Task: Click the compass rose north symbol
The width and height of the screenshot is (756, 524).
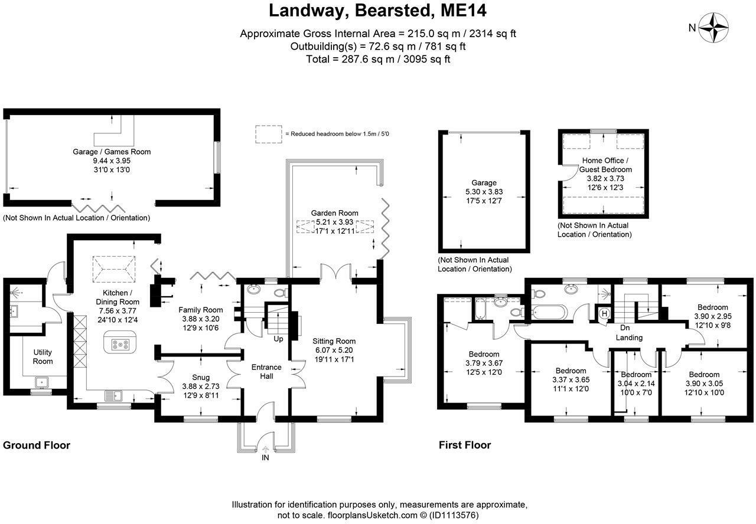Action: [713, 27]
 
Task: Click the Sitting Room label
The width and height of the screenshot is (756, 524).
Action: [334, 341]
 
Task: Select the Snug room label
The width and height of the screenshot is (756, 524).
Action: [200, 378]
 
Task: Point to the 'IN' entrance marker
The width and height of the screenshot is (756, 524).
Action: [265, 457]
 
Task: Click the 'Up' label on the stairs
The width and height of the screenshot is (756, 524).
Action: [278, 339]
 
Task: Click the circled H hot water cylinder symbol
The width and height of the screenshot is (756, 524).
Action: [604, 314]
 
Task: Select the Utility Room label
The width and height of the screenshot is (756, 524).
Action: [43, 356]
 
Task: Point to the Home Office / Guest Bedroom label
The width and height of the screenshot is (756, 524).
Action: [605, 165]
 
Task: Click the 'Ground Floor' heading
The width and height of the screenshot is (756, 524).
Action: [37, 446]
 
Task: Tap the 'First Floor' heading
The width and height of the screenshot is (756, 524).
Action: [465, 446]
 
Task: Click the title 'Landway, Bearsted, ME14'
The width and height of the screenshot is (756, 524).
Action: [377, 11]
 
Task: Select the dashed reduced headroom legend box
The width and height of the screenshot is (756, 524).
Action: [268, 134]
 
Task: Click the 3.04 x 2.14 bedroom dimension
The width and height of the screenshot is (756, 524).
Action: [636, 384]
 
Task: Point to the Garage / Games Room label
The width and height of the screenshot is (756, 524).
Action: [112, 152]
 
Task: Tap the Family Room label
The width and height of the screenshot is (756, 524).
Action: [200, 310]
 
